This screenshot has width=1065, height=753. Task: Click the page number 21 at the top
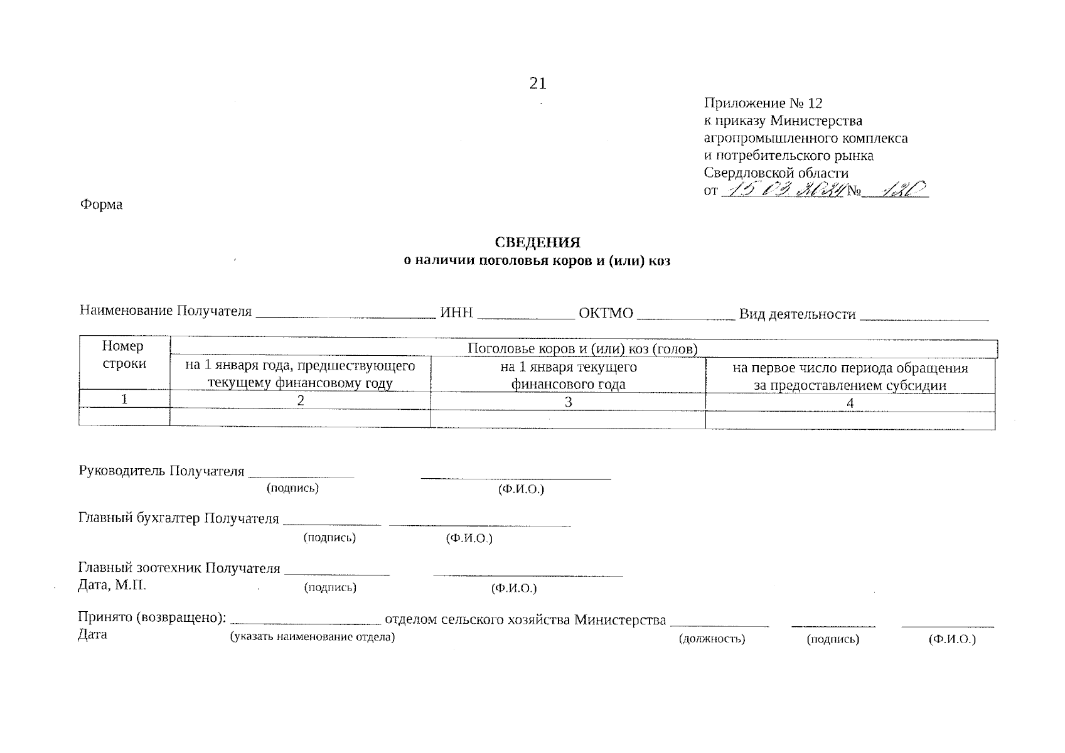click(538, 83)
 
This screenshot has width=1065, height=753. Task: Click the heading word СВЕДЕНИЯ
click(538, 243)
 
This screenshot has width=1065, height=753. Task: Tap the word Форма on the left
click(101, 205)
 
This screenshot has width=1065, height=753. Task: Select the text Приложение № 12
click(763, 104)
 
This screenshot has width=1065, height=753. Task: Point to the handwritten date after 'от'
click(782, 189)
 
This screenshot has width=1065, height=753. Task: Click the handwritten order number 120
click(899, 189)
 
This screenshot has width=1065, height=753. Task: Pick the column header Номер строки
click(124, 355)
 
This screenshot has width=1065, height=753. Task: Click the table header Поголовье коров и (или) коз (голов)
click(583, 349)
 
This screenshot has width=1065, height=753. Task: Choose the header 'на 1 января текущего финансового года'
click(568, 376)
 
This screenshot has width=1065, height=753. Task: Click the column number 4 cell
click(850, 403)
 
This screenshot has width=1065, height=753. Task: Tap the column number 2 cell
click(301, 401)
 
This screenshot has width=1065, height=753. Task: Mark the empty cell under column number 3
click(568, 419)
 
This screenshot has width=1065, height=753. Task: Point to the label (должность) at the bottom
click(712, 639)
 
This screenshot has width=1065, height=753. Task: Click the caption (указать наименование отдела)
click(312, 638)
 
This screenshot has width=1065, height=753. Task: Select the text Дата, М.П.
click(112, 585)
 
